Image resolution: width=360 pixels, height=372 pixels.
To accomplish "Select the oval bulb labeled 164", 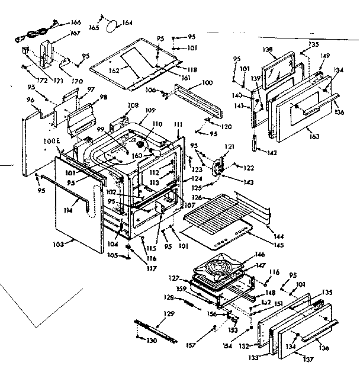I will (x=111, y=25).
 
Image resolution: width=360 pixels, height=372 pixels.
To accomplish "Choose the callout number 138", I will (x=268, y=50).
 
